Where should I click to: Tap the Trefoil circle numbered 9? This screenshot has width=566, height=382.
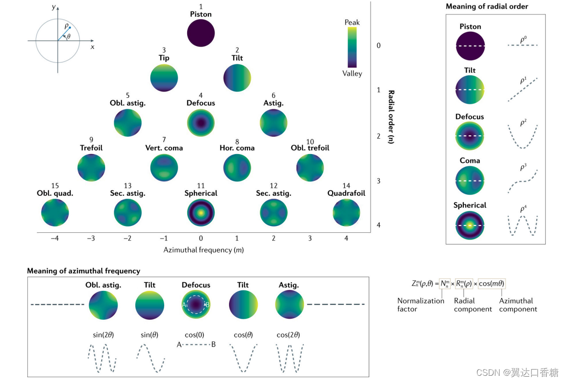pos(91,167)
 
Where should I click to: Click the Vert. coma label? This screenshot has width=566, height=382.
pos(164,148)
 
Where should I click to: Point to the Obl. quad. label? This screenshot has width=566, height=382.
pos(55,193)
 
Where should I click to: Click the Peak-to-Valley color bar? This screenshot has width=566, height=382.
pos(352,47)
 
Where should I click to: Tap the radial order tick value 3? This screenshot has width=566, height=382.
pos(379,181)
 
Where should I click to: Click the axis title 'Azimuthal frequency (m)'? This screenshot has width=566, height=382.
pos(201,250)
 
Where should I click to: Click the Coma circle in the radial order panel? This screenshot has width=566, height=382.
pos(470,181)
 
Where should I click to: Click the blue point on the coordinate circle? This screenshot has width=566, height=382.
pos(70,27)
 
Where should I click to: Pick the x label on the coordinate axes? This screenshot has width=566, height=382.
pos(92,47)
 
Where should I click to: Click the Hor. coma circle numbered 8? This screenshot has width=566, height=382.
pos(237,167)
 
